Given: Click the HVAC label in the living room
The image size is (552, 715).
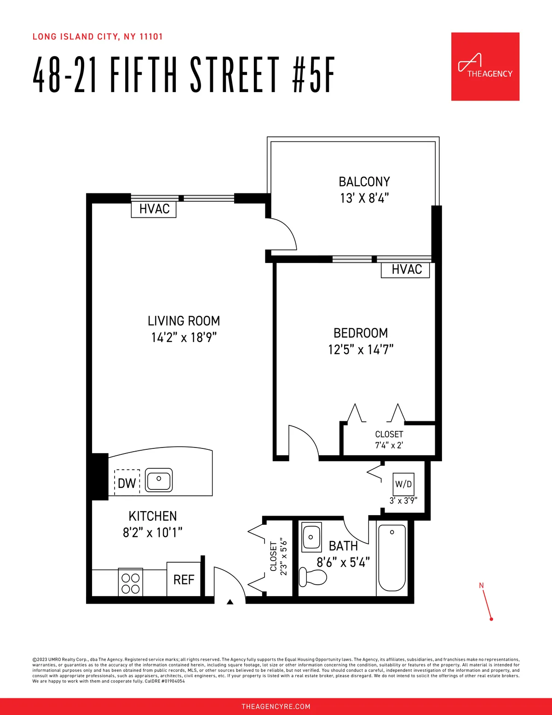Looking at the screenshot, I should [154, 209].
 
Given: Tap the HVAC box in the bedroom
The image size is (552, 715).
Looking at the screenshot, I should [406, 270].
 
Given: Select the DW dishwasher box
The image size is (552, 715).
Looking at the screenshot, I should [127, 482].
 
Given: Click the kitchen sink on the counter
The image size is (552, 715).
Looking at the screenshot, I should [159, 480].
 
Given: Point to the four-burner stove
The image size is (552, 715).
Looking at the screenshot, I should [131, 583].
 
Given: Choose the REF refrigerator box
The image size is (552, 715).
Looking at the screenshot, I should [184, 580].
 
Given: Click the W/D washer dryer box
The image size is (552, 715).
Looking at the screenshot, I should [403, 484].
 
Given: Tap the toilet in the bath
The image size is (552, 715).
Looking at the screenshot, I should [311, 576].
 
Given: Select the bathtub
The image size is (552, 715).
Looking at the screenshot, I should [391, 558].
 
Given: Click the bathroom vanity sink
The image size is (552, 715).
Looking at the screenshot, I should [311, 537].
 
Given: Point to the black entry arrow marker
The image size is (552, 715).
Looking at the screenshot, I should [230, 601].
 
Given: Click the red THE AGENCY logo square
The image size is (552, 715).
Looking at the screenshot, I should [485, 66].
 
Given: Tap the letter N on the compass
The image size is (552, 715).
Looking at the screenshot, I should [481, 586].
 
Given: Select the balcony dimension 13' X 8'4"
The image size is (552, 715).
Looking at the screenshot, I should [364, 198].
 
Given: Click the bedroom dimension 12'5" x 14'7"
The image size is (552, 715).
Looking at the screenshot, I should [361, 350].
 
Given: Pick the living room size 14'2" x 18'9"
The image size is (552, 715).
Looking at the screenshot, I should [184, 337].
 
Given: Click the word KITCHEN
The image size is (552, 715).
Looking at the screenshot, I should [153, 516].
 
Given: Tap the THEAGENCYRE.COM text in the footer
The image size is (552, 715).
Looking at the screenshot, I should [276, 706].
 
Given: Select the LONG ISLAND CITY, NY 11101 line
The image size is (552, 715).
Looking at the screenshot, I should [98, 37].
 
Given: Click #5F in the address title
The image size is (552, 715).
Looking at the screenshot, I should [313, 75].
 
